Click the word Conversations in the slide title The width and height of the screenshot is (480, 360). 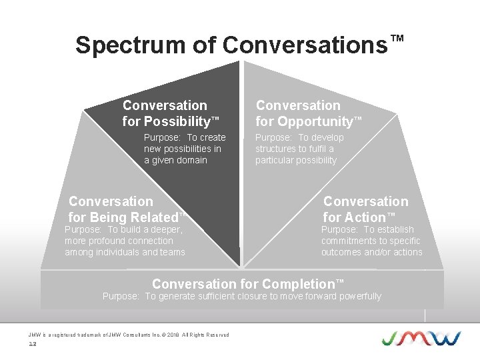[305, 45]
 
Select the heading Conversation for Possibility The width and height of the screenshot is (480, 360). [170, 113]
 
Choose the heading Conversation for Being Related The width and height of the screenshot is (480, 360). [125, 209]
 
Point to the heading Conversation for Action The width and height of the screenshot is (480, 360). [365, 209]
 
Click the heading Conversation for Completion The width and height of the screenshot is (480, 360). [248, 284]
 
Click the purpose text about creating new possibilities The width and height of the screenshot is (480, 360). [184, 149]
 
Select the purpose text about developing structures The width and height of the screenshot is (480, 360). [299, 149]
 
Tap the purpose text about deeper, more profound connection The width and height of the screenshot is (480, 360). [125, 241]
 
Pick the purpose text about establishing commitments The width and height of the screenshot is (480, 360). [371, 241]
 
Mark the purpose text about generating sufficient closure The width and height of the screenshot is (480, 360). [241, 296]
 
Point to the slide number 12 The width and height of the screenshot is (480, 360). [32, 344]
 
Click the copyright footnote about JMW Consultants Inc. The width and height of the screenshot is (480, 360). [128, 335]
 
